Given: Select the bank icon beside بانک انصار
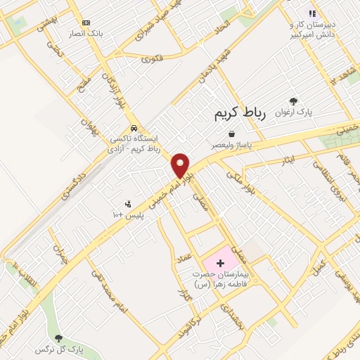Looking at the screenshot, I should (86, 22).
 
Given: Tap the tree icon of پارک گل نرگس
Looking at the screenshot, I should (58, 338).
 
